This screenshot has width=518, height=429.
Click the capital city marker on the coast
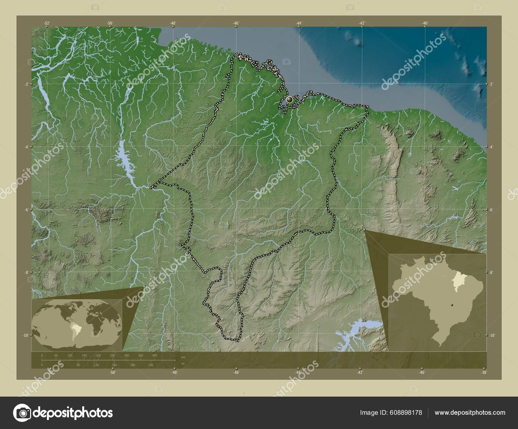click(289, 99)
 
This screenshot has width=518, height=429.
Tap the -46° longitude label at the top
click(236, 23)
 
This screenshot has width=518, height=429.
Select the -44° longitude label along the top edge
click(299, 23)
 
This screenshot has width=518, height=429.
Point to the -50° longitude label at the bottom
click(112, 372)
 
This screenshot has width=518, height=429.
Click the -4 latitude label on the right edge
click(491, 147)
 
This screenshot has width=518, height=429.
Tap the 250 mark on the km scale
click(112, 355)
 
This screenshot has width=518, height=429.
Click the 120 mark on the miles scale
click(96, 365)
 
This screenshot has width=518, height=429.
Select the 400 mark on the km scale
click(154, 355)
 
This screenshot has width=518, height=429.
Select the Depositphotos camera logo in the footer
click(22, 412)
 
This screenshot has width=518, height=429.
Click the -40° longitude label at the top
click(425, 23)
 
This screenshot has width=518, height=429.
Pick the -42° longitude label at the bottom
click(360, 372)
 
